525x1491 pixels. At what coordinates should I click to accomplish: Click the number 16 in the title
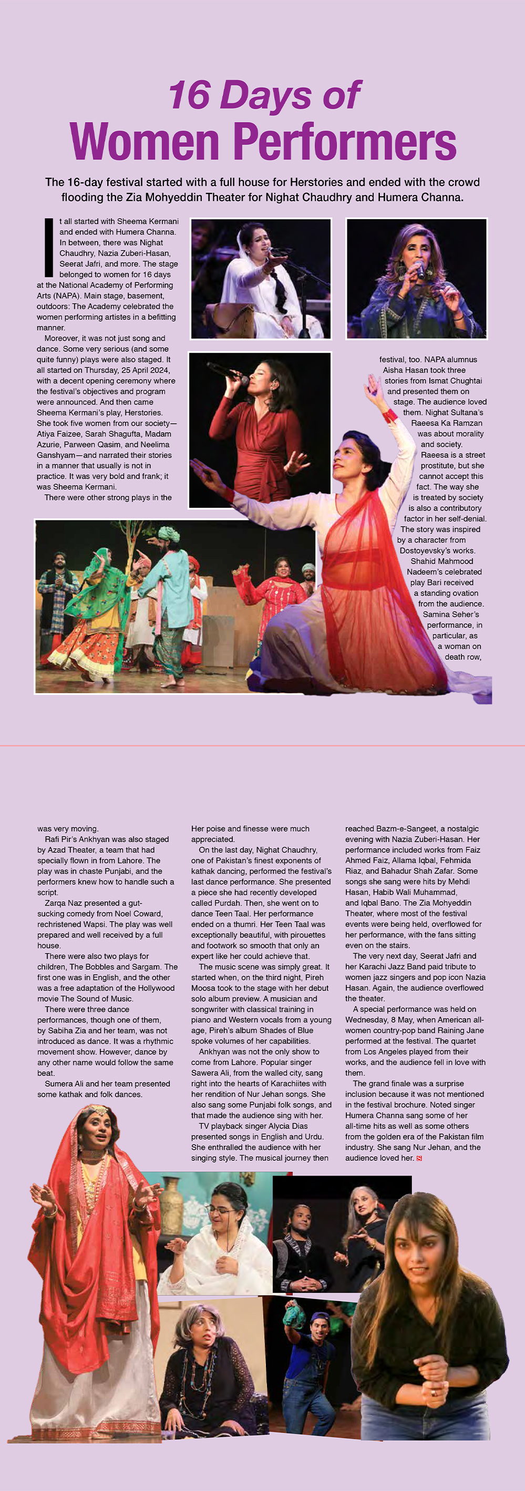[x=189, y=96]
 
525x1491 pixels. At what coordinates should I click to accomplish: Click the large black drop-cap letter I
[x=49, y=247]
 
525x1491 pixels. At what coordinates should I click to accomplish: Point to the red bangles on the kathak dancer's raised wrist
[x=390, y=415]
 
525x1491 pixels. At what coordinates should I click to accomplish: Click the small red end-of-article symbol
[x=419, y=1158]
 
